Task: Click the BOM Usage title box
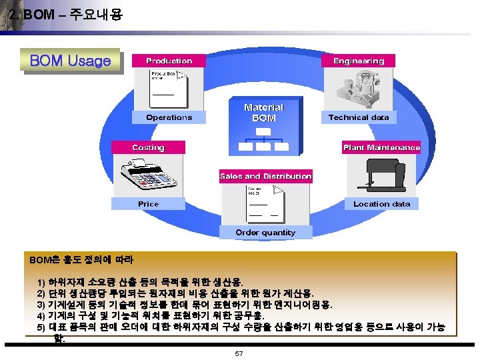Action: click(x=71, y=61)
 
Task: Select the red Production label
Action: click(x=169, y=61)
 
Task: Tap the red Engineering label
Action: click(x=359, y=61)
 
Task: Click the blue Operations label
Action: click(x=169, y=117)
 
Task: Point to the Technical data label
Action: click(x=359, y=117)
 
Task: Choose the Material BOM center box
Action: click(x=263, y=112)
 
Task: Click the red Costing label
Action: click(x=148, y=147)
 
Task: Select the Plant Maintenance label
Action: click(x=381, y=147)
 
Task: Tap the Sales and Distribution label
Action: click(x=266, y=176)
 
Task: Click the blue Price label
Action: click(x=148, y=204)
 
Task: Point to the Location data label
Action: click(x=381, y=204)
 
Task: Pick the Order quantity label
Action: click(x=265, y=233)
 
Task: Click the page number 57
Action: click(x=239, y=353)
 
